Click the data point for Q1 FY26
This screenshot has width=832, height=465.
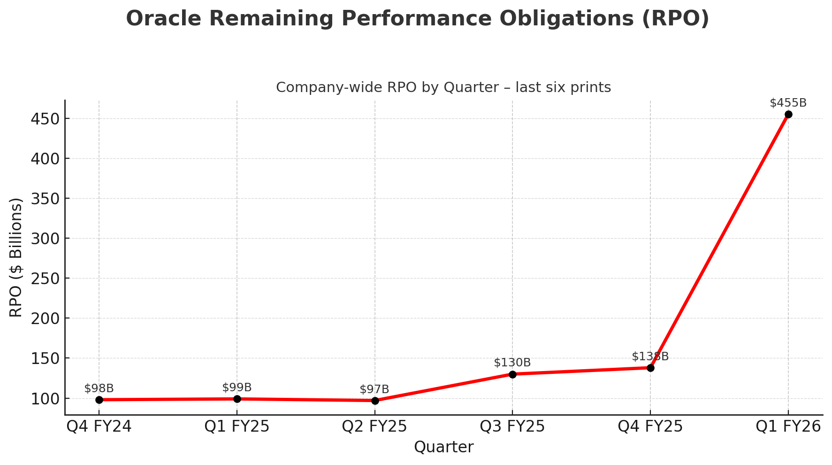788,114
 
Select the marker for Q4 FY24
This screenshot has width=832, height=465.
99,400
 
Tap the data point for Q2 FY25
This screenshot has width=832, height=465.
375,401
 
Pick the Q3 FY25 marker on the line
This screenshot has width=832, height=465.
512,374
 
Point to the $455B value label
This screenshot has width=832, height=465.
788,103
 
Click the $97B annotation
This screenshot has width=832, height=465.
374,389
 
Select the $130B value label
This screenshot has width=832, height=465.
512,363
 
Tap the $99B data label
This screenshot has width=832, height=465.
237,387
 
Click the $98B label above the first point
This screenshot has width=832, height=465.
99,388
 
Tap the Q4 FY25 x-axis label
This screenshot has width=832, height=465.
650,427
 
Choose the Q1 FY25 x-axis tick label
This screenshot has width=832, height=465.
237,427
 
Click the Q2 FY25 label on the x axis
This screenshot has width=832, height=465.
374,427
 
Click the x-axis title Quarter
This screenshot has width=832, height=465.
443,447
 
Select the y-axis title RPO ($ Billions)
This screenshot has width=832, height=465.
16,257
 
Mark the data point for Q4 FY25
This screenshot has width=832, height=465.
650,368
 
